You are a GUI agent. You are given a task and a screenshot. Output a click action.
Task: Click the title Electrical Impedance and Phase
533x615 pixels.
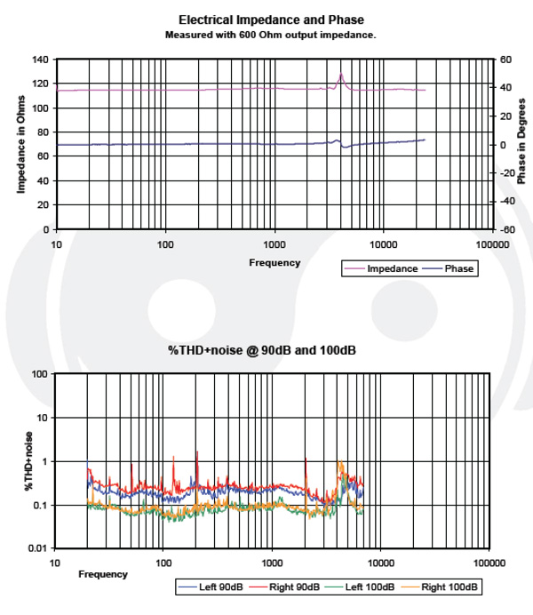271,20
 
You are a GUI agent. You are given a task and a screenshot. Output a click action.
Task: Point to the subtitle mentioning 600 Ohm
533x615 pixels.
271,35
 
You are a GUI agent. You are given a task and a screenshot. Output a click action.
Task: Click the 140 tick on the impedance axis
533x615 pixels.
40,60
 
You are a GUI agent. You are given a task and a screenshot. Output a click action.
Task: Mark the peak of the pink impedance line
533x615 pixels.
341,75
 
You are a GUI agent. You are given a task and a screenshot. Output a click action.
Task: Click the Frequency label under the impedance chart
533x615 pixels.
274,262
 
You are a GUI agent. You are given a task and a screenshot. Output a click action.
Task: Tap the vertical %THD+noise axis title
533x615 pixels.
28,461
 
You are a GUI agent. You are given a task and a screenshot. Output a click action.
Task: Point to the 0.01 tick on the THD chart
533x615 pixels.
36,548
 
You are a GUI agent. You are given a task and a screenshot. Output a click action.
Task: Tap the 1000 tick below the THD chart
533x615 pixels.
272,563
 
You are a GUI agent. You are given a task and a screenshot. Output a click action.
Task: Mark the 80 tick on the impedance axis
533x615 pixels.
43,132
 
